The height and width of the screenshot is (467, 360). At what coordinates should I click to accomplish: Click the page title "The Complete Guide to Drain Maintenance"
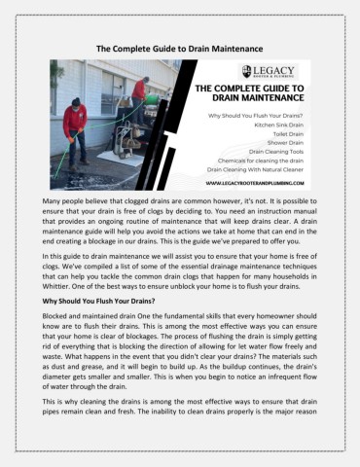[179, 47]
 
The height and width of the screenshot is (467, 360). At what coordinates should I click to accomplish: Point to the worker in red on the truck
[139, 92]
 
